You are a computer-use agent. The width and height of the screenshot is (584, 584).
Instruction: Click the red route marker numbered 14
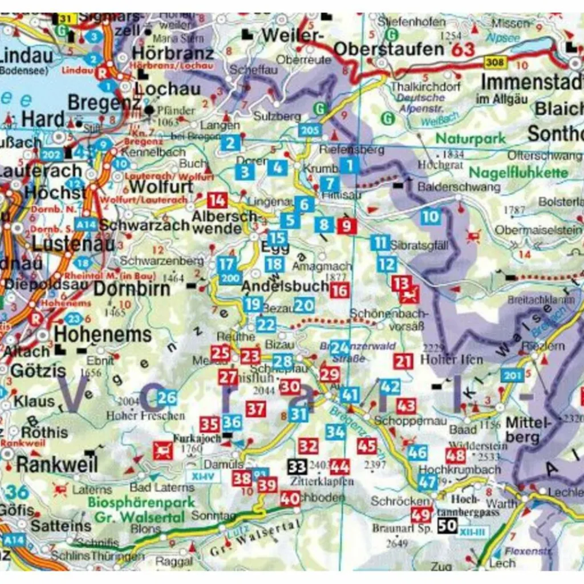pyautogui.click(x=217, y=200)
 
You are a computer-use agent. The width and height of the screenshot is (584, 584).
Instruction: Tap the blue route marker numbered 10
pyautogui.click(x=431, y=216)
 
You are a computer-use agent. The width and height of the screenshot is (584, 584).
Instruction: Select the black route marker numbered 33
pyautogui.click(x=297, y=467)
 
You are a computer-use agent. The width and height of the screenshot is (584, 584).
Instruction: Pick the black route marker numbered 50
pyautogui.click(x=448, y=525)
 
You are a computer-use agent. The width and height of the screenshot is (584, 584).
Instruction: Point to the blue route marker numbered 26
pyautogui.click(x=167, y=398)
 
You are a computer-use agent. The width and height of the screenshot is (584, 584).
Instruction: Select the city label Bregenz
pyautogui.click(x=104, y=103)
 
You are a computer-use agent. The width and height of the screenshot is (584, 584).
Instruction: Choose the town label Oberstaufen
pyautogui.click(x=388, y=49)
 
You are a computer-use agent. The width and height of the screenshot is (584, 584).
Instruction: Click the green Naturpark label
pyautogui.click(x=470, y=138)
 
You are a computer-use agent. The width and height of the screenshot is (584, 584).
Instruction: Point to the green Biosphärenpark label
pyautogui.click(x=141, y=503)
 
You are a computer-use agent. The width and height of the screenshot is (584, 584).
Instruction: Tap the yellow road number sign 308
pyautogui.click(x=494, y=61)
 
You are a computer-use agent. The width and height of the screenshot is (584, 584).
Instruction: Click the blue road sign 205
pyautogui.click(x=309, y=131)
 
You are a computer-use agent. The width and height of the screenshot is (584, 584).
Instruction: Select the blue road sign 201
pyautogui.click(x=512, y=375)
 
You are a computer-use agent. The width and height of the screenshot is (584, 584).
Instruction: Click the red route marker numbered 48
pyautogui.click(x=456, y=455)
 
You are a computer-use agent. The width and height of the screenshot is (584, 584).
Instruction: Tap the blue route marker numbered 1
pyautogui.click(x=349, y=166)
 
